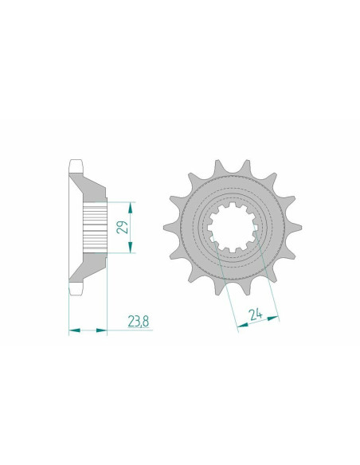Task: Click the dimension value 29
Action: pos(123,227)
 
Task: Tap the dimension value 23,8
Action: pos(139,321)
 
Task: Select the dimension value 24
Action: pos(256,315)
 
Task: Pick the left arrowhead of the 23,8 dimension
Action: pos(74,330)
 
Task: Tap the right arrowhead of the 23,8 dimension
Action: pos(101,330)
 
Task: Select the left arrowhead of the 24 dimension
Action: pos(243,325)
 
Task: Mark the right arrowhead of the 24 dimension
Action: pos(273,318)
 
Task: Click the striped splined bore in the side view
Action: pos(95,227)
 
